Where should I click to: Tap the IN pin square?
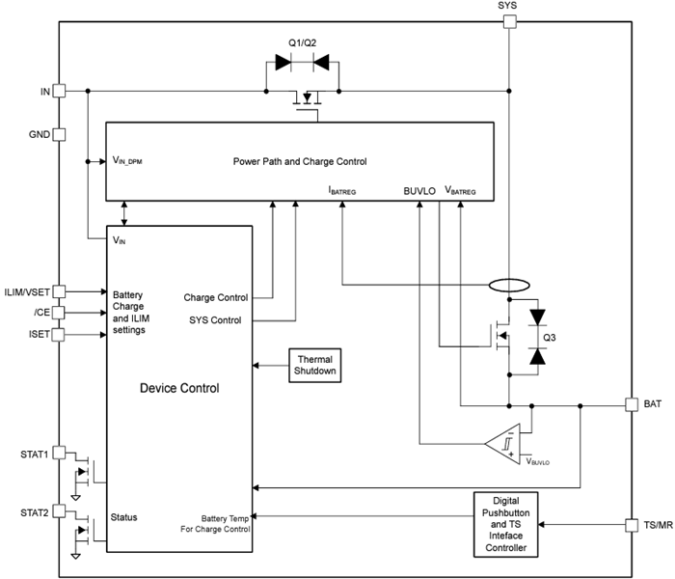(59, 91)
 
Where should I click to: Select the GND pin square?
(59, 135)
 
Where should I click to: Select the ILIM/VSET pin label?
(26, 289)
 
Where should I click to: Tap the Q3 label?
(551, 338)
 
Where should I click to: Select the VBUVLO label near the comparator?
(537, 462)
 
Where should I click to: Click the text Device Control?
(179, 389)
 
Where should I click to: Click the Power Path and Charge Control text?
(300, 161)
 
